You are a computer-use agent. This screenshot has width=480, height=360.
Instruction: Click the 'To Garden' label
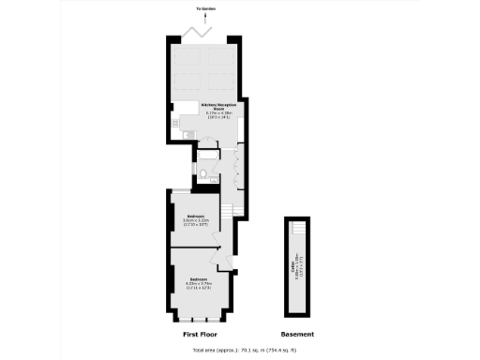pos(204,8)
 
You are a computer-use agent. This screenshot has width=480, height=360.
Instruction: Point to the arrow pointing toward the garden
pos(204,17)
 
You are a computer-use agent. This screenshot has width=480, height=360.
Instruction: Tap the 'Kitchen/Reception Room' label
pos(211,106)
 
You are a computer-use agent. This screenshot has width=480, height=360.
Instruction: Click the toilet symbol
pos(203,174)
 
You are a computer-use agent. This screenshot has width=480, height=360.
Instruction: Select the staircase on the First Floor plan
pos(228,207)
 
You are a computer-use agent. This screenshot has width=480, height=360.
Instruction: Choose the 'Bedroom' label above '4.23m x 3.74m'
pos(198,279)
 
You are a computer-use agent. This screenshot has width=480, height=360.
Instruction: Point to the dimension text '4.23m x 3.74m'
pos(198,285)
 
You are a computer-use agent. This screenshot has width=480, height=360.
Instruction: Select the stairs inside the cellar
pos(297,229)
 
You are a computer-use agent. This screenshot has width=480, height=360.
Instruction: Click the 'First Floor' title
pos(201,334)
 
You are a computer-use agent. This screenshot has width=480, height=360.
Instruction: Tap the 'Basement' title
pos(297,334)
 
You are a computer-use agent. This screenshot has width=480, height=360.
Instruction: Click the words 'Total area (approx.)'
pos(213,351)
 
